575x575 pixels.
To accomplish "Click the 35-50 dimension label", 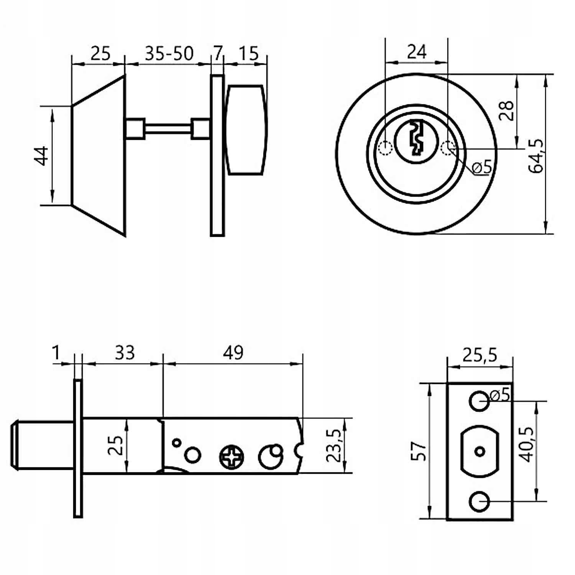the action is pos(169,54).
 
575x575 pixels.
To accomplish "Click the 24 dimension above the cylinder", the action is pos(417,51).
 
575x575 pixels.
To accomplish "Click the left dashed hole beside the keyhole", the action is pos(384,148).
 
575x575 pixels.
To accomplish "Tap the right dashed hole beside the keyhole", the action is pos(448,148).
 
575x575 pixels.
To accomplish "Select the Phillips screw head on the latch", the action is pos(232,457).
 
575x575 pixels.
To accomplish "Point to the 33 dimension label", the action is pos(125,353).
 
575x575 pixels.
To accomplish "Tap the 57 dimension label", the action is pos(418,451).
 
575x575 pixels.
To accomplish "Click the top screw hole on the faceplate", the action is pos(479,401).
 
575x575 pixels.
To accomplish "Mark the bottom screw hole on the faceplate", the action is pos(479,501).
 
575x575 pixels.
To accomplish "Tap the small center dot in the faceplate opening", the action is pos(479,451).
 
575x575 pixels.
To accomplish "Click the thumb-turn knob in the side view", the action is pos(246,130).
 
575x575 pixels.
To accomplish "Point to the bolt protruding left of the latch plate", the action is pos(42,445).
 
